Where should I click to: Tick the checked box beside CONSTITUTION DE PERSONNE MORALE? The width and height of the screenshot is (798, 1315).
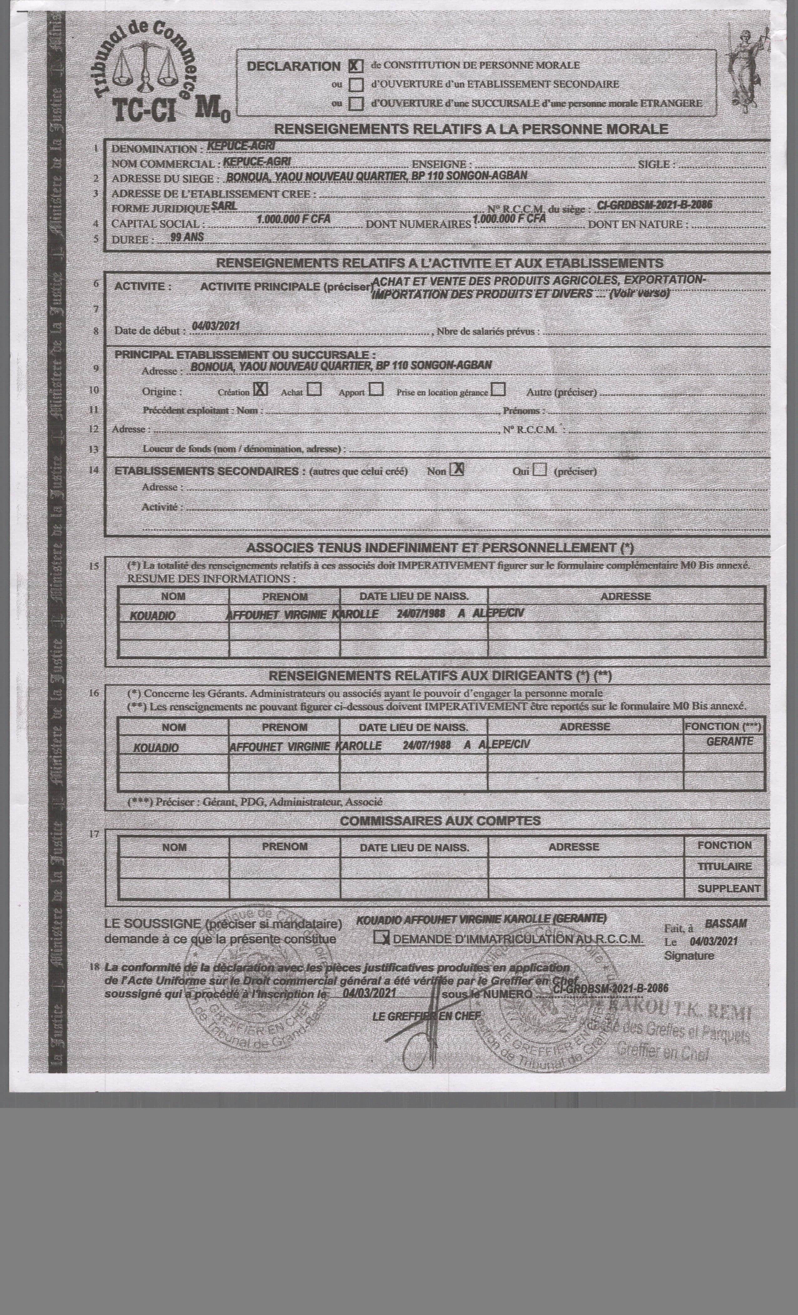tap(355, 66)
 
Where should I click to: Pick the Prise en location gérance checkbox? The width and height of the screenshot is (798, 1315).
tap(499, 390)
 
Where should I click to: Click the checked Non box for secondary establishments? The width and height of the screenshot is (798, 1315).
tap(457, 470)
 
